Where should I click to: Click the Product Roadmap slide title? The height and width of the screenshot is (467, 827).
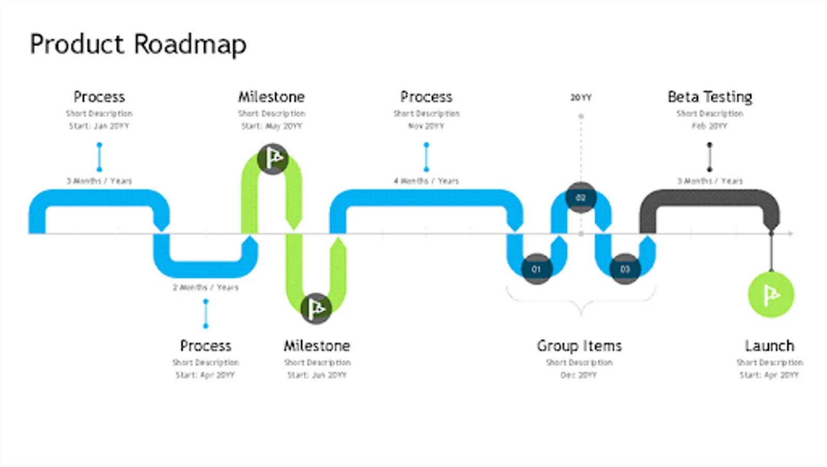click(138, 44)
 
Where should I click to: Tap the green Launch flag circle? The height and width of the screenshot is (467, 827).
click(771, 295)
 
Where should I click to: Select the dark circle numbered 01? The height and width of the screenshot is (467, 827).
click(536, 269)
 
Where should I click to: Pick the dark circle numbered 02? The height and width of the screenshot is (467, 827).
click(581, 198)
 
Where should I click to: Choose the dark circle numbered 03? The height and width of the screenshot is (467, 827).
click(625, 269)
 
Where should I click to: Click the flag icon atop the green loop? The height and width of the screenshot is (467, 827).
click(273, 158)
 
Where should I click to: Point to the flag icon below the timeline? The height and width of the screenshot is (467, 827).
click(316, 308)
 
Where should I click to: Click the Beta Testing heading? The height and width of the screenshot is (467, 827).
click(710, 97)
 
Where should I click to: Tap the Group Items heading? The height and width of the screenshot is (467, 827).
click(579, 346)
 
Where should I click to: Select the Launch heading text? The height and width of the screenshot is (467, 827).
click(769, 346)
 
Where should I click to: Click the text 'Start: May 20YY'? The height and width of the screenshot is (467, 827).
click(271, 126)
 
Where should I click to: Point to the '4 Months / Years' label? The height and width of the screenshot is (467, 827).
click(426, 181)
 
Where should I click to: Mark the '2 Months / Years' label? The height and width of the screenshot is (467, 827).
click(205, 287)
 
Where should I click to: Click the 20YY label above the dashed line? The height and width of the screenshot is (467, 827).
click(581, 98)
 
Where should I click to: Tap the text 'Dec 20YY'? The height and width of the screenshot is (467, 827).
click(578, 375)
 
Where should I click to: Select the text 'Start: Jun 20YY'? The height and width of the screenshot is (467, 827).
click(316, 375)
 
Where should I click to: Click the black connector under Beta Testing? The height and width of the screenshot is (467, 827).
click(710, 157)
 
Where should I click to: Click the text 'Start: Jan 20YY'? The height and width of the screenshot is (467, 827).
click(99, 126)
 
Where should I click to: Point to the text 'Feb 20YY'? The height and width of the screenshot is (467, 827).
click(709, 126)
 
